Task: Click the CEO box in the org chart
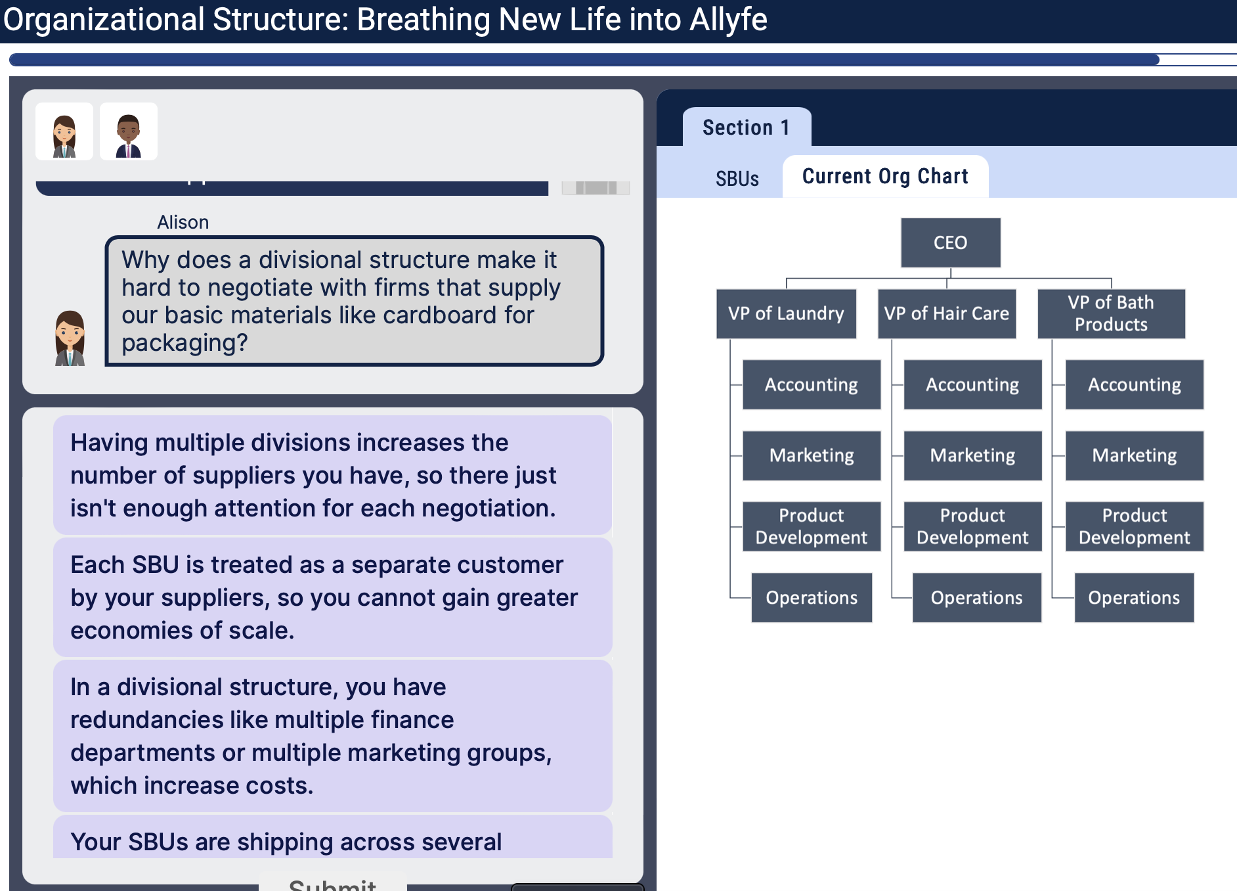(x=950, y=242)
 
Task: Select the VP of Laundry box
(x=786, y=313)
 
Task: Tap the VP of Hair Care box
(x=946, y=313)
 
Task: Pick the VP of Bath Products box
(x=1111, y=313)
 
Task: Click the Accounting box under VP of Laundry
(x=811, y=384)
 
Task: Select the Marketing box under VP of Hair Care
(x=972, y=455)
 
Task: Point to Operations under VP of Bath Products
(x=1134, y=597)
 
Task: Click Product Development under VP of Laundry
(x=811, y=526)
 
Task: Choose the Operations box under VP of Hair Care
(x=976, y=597)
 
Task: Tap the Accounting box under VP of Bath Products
(x=1134, y=384)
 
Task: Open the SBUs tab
(x=737, y=179)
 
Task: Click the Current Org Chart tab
(x=885, y=176)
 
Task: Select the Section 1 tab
(x=746, y=127)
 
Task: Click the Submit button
(x=332, y=883)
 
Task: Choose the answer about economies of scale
(x=332, y=597)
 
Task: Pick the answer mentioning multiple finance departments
(x=332, y=735)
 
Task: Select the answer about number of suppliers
(x=332, y=475)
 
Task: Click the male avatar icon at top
(x=129, y=131)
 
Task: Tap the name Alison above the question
(x=183, y=222)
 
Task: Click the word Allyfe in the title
(x=728, y=20)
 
